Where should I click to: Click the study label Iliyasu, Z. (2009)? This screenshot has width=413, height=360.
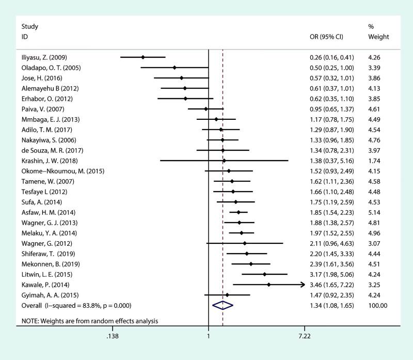tap(44, 57)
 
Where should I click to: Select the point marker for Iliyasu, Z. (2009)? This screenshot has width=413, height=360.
tap(143, 57)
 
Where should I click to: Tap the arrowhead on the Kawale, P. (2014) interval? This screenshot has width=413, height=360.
tap(303, 285)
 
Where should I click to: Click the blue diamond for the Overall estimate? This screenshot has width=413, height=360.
tap(223, 305)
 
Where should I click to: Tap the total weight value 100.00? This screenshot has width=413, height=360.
tap(377, 305)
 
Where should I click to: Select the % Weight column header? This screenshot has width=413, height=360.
tap(378, 32)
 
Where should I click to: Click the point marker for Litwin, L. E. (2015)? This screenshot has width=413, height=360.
tap(264, 274)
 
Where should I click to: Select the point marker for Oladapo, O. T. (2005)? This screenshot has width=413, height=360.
tap(174, 67)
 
